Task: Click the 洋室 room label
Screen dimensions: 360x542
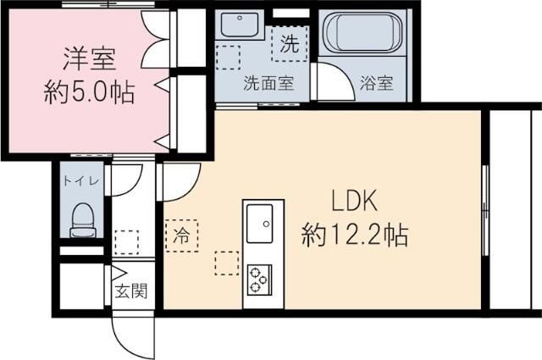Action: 89,59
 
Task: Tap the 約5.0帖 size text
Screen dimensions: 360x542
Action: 89,91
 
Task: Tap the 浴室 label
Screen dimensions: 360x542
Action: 376,83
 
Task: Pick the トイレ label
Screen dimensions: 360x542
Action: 81,180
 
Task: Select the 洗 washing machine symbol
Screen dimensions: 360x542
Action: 289,45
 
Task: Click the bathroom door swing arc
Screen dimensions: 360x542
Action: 333,83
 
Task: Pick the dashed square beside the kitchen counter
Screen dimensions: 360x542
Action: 225,262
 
